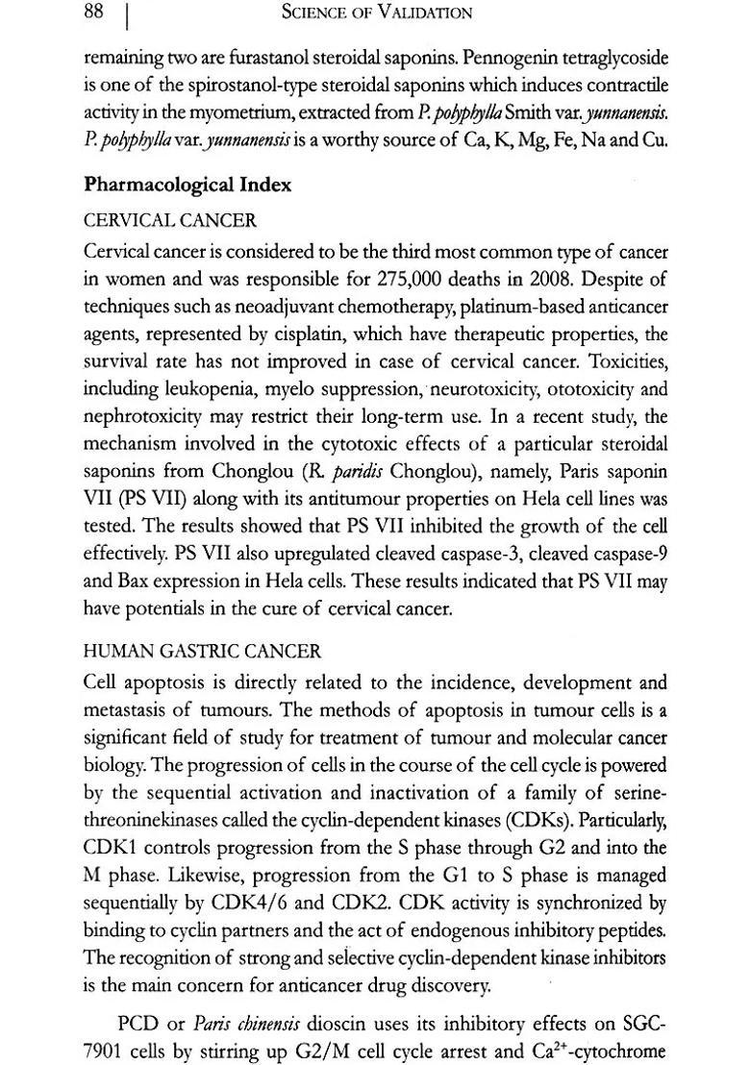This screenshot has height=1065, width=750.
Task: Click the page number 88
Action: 94,12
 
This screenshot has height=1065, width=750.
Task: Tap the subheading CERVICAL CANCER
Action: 170,221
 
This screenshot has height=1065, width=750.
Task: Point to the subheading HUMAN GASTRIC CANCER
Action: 203,652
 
